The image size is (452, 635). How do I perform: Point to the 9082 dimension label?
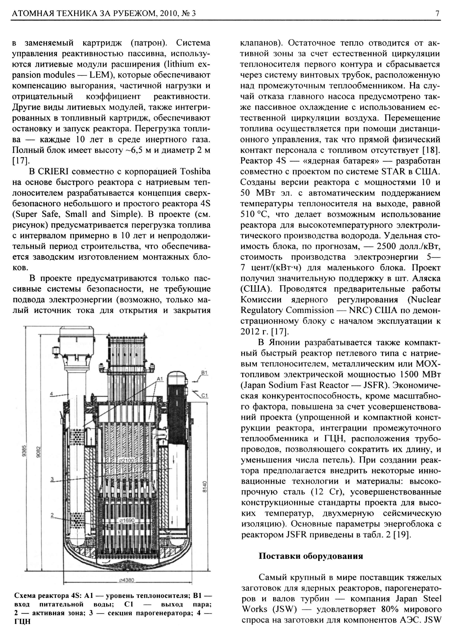click(39, 452)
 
